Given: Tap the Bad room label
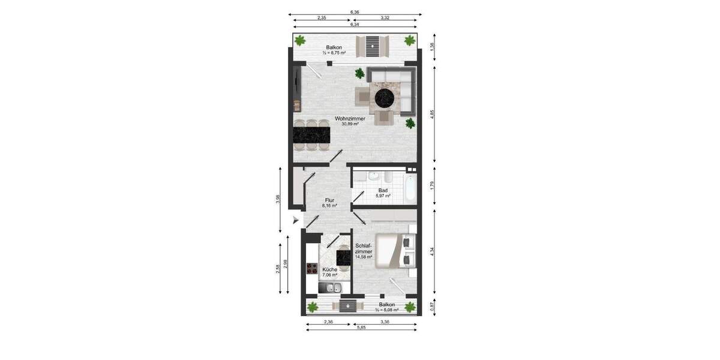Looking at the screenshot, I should (383, 190).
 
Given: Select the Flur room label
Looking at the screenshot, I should (329, 200).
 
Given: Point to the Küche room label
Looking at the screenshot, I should (329, 270).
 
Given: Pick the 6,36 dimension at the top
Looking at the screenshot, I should (355, 11).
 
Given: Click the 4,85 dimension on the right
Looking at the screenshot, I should (433, 113).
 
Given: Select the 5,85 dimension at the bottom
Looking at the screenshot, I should (361, 327).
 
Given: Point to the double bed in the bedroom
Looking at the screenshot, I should (393, 251).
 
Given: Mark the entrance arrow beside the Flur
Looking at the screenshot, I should (295, 221).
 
